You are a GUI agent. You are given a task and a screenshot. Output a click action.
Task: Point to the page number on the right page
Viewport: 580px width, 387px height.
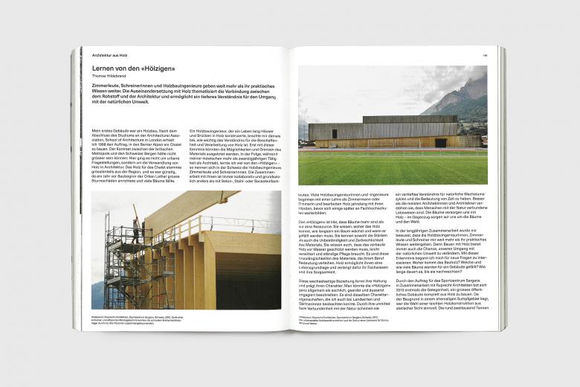pos(484,55)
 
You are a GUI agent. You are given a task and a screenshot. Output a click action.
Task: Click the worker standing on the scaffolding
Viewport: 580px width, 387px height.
pos(136,226)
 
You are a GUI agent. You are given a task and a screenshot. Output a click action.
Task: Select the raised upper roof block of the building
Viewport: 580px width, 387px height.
pos(409,119)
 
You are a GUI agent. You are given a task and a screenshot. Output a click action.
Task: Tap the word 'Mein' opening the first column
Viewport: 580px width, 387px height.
pos(95,131)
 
